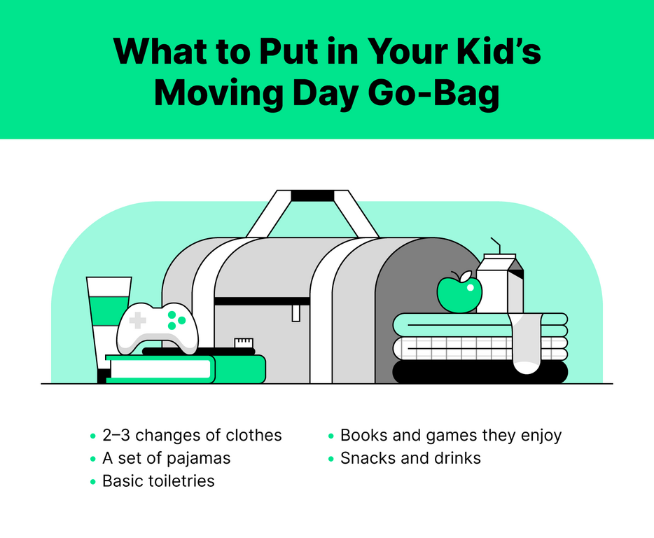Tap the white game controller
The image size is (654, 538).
[158, 329]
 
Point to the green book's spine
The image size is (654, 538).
[240, 369]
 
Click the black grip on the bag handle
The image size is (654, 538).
[312, 195]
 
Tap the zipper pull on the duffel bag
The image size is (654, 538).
[295, 313]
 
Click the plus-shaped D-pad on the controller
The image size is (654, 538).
[138, 321]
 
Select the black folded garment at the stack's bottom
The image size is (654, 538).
[480, 372]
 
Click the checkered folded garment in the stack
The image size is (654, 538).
[480, 349]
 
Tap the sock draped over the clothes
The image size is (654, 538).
[526, 343]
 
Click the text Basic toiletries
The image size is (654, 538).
[158, 481]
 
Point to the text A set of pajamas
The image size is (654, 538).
[167, 458]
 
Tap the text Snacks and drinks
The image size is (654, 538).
[410, 458]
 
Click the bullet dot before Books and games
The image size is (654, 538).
[331, 436]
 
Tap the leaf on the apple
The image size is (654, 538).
[465, 275]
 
